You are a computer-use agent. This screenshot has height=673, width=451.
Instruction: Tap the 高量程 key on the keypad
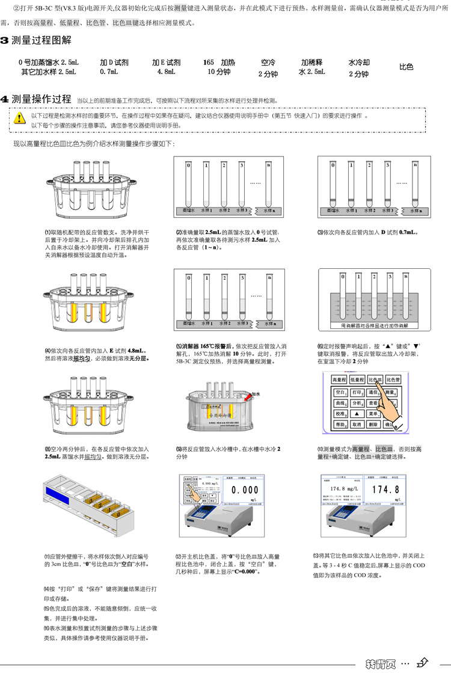point(340,380)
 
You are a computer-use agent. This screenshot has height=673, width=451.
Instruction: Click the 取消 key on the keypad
point(357,425)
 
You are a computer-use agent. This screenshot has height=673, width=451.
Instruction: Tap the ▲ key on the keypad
point(357,414)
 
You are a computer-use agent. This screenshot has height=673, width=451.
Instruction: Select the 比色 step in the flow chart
point(407,67)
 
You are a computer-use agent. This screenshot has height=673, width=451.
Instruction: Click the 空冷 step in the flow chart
point(268,68)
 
